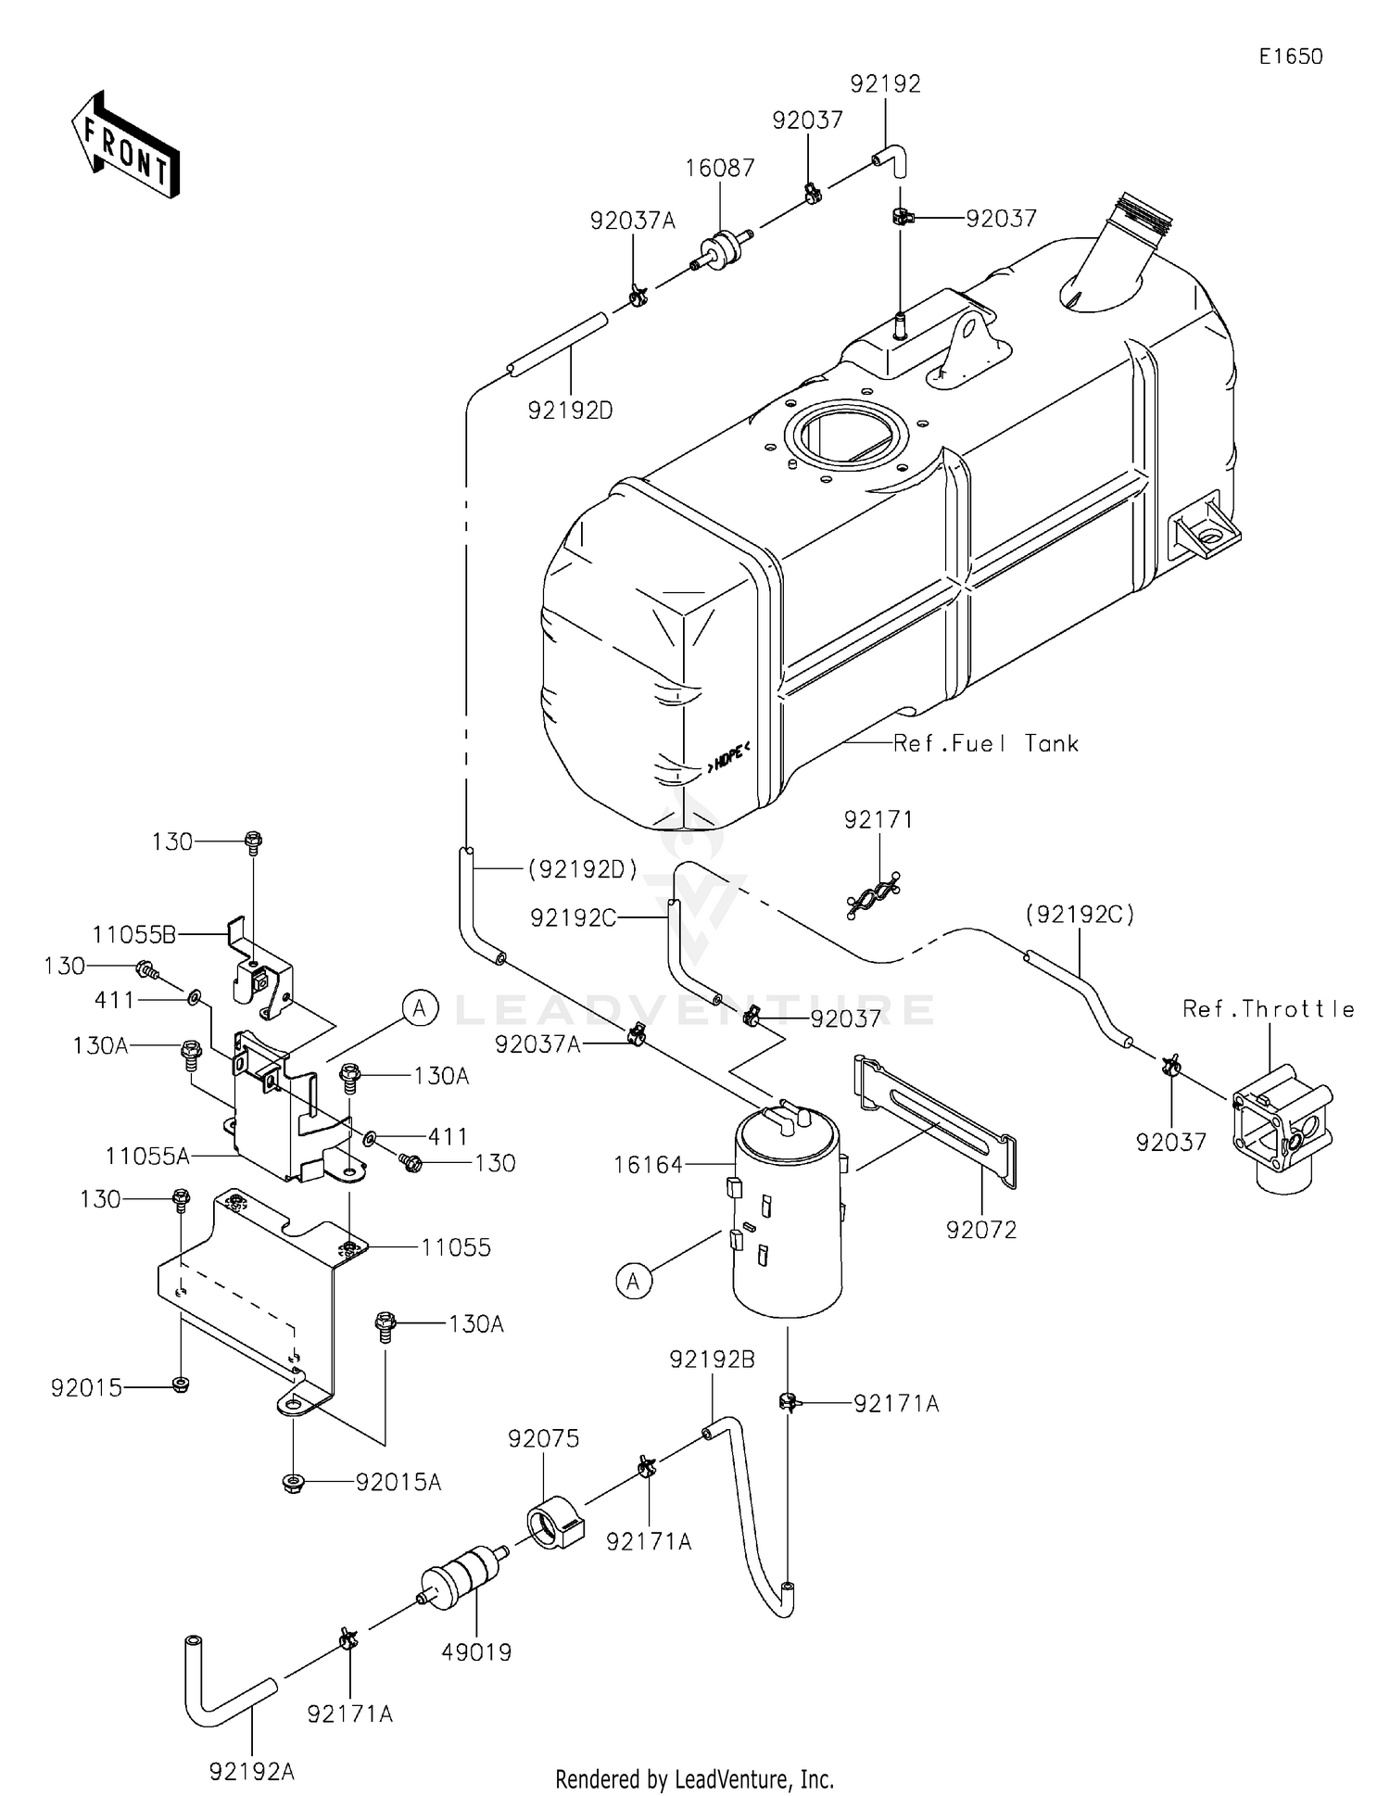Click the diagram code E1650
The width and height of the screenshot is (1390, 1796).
1290,57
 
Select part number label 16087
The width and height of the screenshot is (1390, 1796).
720,169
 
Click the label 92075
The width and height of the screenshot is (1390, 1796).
543,1438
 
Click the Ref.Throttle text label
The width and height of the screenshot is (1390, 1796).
1268,1009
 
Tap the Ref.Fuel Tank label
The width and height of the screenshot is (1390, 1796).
986,743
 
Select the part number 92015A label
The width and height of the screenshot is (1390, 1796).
398,1483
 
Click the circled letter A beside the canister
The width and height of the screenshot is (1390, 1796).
634,1282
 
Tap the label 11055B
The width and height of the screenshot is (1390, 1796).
133,934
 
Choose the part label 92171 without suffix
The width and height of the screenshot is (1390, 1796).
878,819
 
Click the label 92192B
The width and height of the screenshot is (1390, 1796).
712,1360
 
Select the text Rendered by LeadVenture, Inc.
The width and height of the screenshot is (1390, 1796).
694,1779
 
